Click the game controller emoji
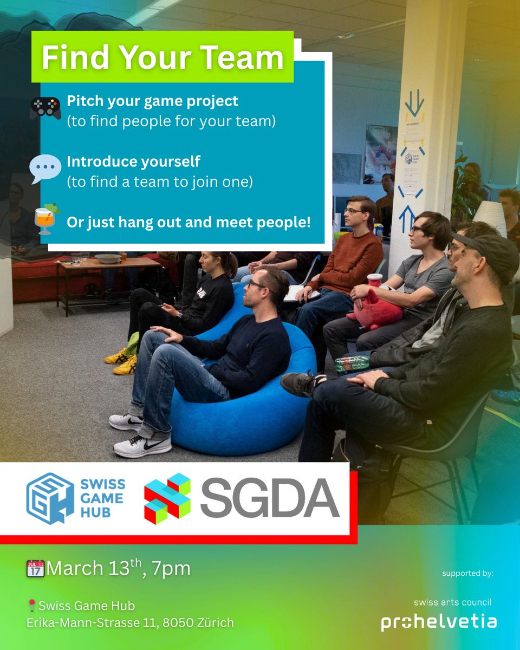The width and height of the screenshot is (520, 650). pyautogui.click(x=45, y=108)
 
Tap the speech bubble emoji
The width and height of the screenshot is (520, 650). pyautogui.click(x=45, y=169)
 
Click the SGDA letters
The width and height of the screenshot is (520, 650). pyautogui.click(x=269, y=498)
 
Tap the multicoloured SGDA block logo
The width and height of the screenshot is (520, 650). pyautogui.click(x=167, y=498)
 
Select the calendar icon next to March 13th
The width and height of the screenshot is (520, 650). pyautogui.click(x=35, y=568)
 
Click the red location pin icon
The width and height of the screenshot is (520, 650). pyautogui.click(x=31, y=606)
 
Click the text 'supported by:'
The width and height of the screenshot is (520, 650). pyautogui.click(x=467, y=574)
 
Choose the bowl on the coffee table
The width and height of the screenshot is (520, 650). pyautogui.click(x=108, y=258)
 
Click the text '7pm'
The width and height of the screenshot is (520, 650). pyautogui.click(x=172, y=569)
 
